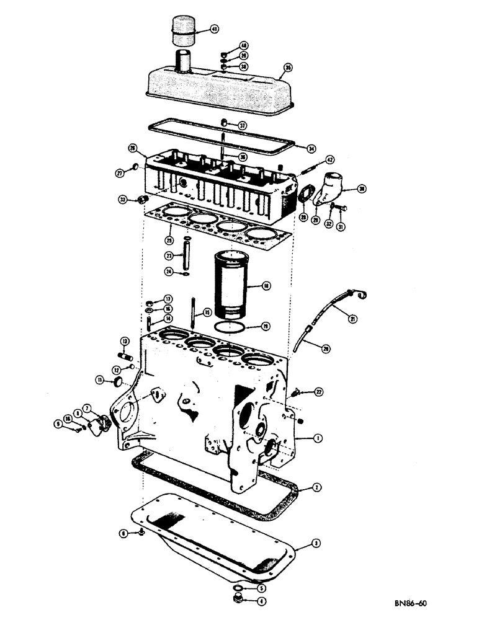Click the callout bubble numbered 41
pyautogui.click(x=214, y=29)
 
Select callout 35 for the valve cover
pyautogui.click(x=287, y=68)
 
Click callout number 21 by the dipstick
pyautogui.click(x=353, y=319)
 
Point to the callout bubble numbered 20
pyautogui.click(x=326, y=349)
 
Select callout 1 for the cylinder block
pyautogui.click(x=317, y=438)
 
